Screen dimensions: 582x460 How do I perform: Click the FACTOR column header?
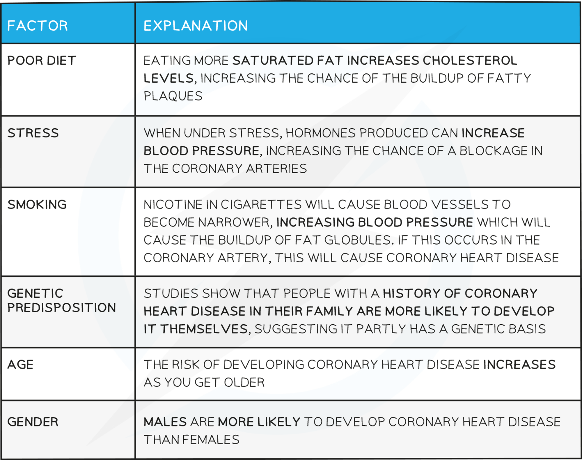pyautogui.click(x=38, y=26)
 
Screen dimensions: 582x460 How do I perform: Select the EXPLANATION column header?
pyautogui.click(x=196, y=26)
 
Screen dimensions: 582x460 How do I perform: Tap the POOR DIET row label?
pyautogui.click(x=42, y=61)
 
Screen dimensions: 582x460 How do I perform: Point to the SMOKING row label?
pyautogui.click(x=37, y=204)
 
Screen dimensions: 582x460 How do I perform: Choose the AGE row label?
pyautogui.click(x=20, y=365)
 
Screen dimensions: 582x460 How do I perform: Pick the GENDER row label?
pyautogui.click(x=33, y=422)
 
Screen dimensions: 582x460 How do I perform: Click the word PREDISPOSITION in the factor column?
pyautogui.click(x=62, y=308)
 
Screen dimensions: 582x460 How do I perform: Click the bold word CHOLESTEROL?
pyautogui.click(x=470, y=61)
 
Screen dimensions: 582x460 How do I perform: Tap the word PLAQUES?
pyautogui.click(x=173, y=96)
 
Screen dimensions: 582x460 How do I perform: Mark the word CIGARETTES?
pyautogui.click(x=261, y=204)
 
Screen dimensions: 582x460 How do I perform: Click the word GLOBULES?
pyautogui.click(x=357, y=240)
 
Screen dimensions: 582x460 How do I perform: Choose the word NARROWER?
pyautogui.click(x=235, y=222)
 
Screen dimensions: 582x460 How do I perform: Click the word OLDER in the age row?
pyautogui.click(x=244, y=382)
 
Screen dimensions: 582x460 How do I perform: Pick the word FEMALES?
pyautogui.click(x=211, y=440)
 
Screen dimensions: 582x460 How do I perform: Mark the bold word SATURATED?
pyautogui.click(x=273, y=61)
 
